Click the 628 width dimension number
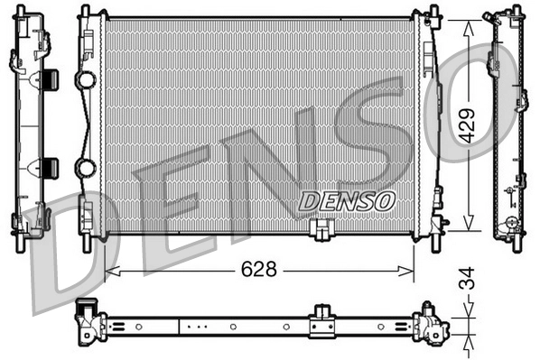(x=259, y=270)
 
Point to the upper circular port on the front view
(x=86, y=80)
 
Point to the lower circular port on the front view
(x=86, y=168)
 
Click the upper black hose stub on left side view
(x=50, y=79)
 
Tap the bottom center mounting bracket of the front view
(x=321, y=231)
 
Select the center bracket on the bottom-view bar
(x=321, y=322)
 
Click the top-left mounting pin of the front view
(x=85, y=10)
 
